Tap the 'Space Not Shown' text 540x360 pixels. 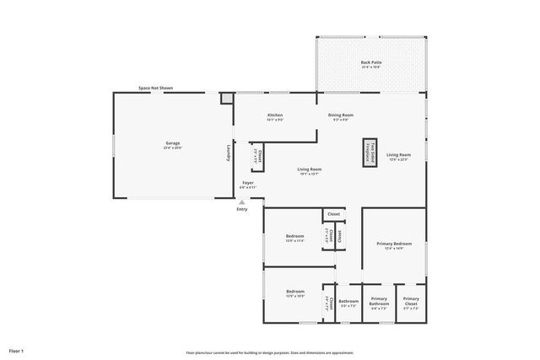(x=155, y=88)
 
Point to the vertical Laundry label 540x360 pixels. (x=227, y=153)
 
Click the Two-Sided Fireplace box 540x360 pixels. (x=370, y=153)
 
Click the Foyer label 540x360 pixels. (x=248, y=183)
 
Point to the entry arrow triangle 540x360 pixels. (x=241, y=201)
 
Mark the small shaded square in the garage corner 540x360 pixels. (x=225, y=99)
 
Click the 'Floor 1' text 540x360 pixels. (x=16, y=350)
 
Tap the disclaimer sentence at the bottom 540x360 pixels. (x=269, y=352)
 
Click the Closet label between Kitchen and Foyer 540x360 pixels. (x=260, y=157)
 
